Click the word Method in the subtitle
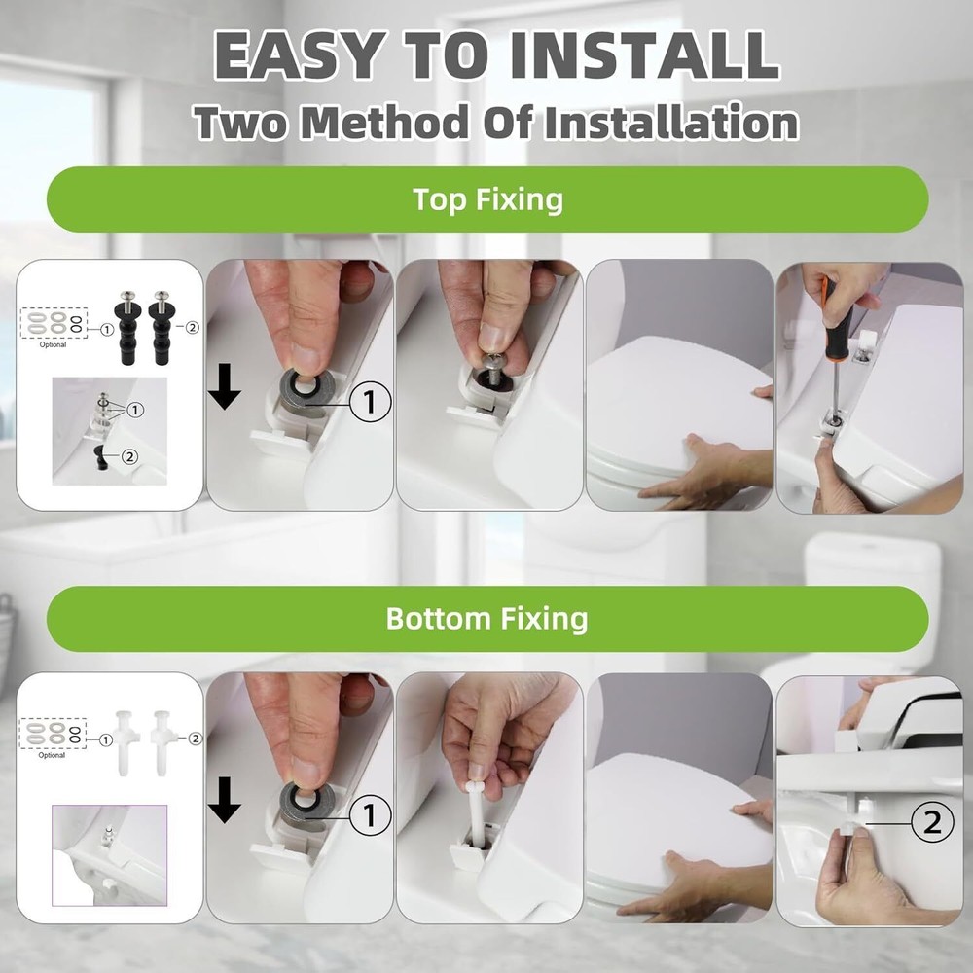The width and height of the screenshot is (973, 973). click(x=384, y=122)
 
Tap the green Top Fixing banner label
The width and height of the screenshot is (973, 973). click(x=487, y=199)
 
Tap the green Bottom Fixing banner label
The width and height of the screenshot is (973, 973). click(x=487, y=618)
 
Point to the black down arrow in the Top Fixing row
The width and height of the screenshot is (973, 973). click(x=224, y=386)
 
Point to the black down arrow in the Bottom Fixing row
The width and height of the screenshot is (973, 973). click(x=224, y=800)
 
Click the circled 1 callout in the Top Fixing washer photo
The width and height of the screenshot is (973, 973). click(x=371, y=402)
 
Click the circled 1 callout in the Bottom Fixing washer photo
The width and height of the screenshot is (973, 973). click(x=371, y=814)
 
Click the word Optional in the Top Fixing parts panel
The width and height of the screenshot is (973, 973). click(x=53, y=344)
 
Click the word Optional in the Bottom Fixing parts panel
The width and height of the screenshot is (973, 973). click(x=52, y=755)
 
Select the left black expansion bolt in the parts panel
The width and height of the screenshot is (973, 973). click(x=129, y=327)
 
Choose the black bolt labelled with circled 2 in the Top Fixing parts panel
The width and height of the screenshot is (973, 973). click(x=162, y=327)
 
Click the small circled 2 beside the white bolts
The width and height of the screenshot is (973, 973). click(x=196, y=739)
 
